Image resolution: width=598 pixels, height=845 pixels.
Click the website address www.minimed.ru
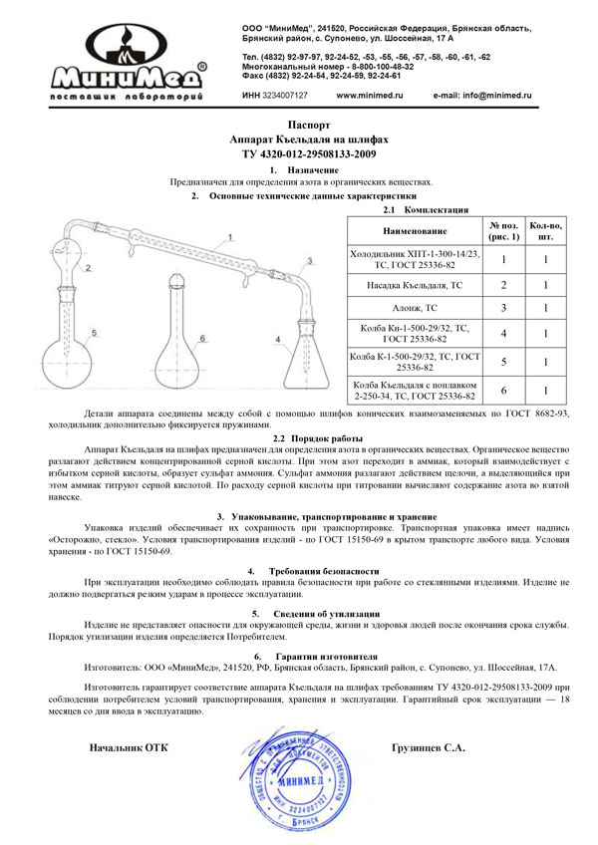pyautogui.click(x=369, y=95)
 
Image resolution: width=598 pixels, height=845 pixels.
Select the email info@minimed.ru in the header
pyautogui.click(x=482, y=95)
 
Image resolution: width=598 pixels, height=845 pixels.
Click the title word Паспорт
pyautogui.click(x=300, y=129)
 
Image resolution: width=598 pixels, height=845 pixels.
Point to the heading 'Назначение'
pyautogui.click(x=306, y=171)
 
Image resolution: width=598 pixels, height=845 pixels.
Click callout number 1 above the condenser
pyautogui.click(x=229, y=236)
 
